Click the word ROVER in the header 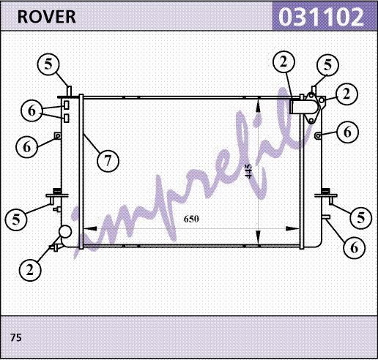(46, 17)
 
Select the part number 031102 (322, 17)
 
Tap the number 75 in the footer (16, 337)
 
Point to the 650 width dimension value (191, 219)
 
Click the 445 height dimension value (249, 171)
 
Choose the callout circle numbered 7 (108, 161)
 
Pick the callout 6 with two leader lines (32, 111)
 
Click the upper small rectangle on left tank (66, 105)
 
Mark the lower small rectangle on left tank (66, 119)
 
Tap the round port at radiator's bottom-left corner (65, 232)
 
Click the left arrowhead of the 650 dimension (90, 229)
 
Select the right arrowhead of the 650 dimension (292, 229)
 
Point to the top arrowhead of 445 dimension (259, 105)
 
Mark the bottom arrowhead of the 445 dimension (259, 239)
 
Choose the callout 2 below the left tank (30, 270)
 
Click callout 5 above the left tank (48, 64)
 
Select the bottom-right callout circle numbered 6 (355, 248)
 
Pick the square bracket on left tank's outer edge (58, 136)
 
